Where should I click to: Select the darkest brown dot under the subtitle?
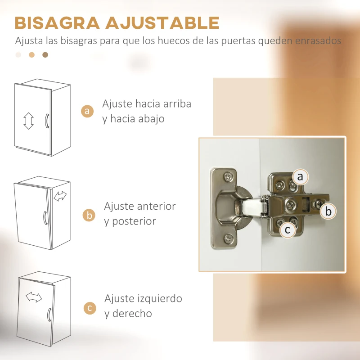pyautogui.click(x=45, y=55)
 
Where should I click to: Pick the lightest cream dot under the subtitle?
pyautogui.click(x=18, y=55)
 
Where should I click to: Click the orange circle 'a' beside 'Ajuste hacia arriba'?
pyautogui.click(x=87, y=111)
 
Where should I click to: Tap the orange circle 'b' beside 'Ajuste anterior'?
pyautogui.click(x=89, y=215)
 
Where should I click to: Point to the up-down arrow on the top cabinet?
pyautogui.click(x=29, y=121)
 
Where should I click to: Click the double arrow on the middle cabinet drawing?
pyautogui.click(x=60, y=196)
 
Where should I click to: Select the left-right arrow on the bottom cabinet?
pyautogui.click(x=34, y=297)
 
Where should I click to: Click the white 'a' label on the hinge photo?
pyautogui.click(x=300, y=177)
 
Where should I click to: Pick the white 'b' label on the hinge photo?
pyautogui.click(x=328, y=211)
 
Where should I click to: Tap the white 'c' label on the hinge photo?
pyautogui.click(x=288, y=230)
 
